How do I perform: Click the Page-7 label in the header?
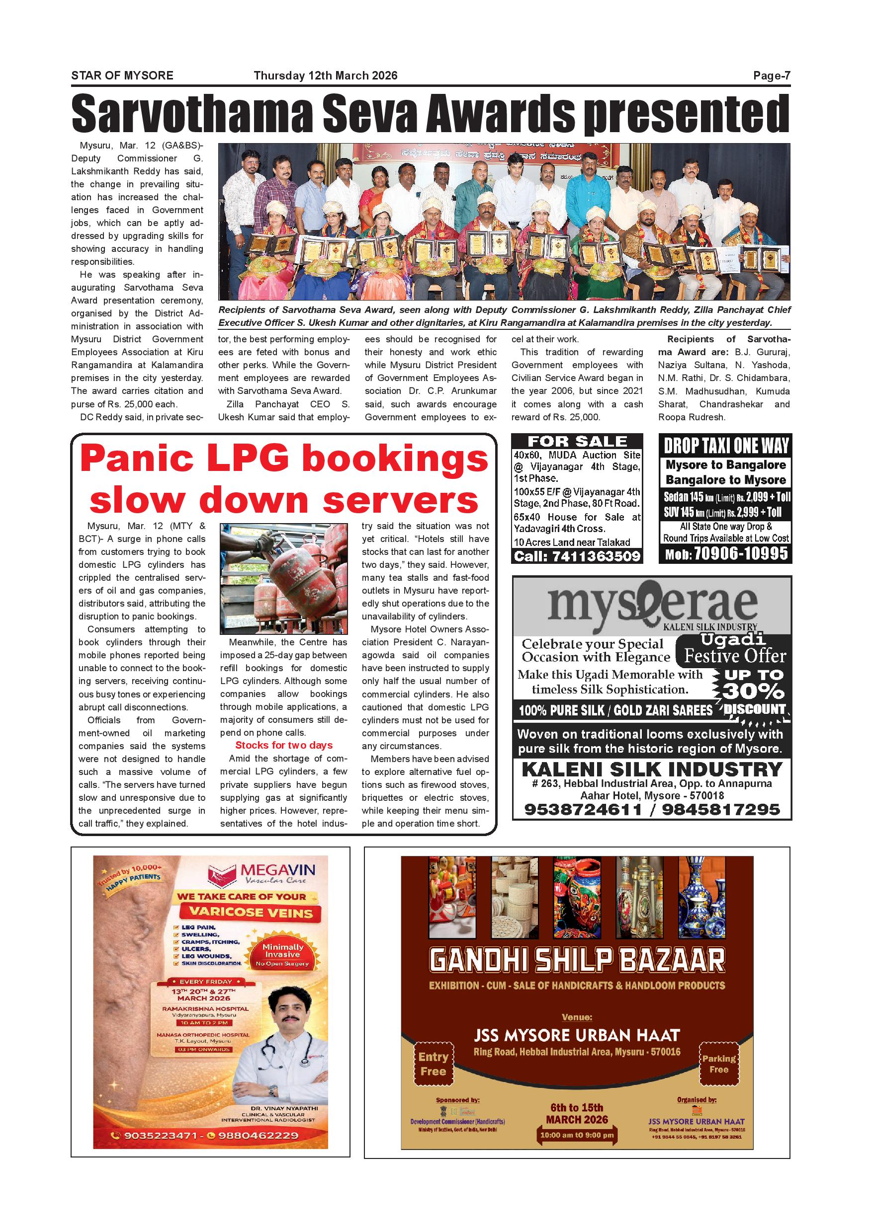(771, 76)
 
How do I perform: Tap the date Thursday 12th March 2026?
(326, 76)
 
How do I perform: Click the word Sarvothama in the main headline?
(192, 114)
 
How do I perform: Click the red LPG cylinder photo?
(283, 578)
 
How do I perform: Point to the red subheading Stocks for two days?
(283, 745)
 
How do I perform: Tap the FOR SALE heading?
(577, 442)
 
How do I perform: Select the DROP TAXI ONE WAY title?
(726, 446)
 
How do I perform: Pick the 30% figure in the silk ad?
(753, 691)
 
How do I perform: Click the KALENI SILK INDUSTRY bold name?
(652, 770)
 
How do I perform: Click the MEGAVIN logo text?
(277, 870)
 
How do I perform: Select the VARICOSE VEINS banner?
(251, 912)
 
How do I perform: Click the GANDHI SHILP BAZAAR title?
(577, 960)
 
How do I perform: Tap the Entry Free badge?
(433, 1064)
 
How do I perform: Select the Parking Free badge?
(718, 1064)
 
